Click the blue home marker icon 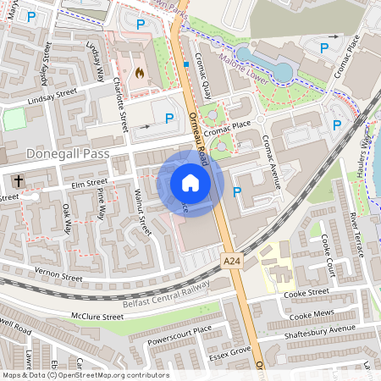coord(190,183)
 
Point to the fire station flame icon coord(139,73)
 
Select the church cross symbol coord(18,180)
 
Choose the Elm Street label coord(90,182)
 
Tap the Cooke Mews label coord(308,316)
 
